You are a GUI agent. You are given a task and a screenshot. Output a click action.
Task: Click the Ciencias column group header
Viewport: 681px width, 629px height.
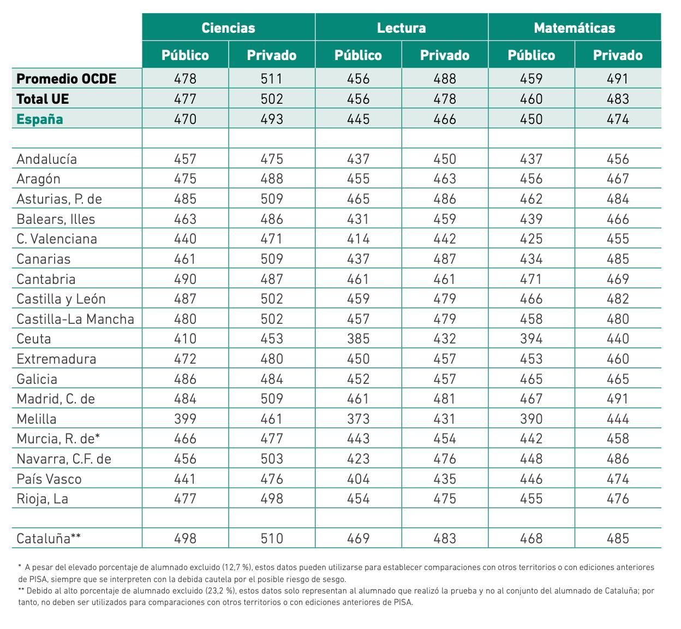[x=229, y=28]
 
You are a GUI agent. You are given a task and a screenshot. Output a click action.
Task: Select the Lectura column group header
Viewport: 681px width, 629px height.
[x=402, y=28]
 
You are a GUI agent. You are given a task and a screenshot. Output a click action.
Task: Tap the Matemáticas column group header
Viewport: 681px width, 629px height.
[x=575, y=28]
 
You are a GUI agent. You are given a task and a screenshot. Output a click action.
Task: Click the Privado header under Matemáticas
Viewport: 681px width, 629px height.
[x=618, y=55]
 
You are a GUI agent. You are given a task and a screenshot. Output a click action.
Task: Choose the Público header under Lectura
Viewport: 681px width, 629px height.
[x=359, y=55]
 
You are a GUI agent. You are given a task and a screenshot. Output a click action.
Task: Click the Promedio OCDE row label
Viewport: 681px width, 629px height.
[x=67, y=79]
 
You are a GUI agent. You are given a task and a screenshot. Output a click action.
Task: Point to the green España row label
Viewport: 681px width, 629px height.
[x=40, y=119]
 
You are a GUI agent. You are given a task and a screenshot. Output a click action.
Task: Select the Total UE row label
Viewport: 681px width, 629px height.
[x=43, y=99]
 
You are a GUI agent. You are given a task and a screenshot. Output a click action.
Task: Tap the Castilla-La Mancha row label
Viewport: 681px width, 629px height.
[x=75, y=319]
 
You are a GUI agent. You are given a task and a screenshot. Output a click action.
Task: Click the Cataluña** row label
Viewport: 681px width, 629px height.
[x=49, y=538]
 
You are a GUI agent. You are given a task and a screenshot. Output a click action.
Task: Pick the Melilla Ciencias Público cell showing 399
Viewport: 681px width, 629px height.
[x=185, y=419]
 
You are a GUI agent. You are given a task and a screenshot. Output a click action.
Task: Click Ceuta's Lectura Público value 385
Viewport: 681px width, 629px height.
[x=359, y=339]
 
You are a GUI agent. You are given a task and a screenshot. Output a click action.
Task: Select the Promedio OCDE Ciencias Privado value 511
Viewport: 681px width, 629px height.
[x=272, y=79]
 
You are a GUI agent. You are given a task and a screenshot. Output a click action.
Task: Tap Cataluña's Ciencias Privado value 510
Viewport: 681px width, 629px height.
[x=272, y=538]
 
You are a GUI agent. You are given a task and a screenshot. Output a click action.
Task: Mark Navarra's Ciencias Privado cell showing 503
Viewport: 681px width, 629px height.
[x=272, y=459]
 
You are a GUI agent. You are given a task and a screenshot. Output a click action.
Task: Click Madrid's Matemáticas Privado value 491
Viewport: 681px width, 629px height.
[x=618, y=399]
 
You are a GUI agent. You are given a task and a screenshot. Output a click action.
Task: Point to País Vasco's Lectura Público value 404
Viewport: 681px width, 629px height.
[x=359, y=479]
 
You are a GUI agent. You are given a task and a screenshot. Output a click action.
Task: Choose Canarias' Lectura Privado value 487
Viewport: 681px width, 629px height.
[x=445, y=259]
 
